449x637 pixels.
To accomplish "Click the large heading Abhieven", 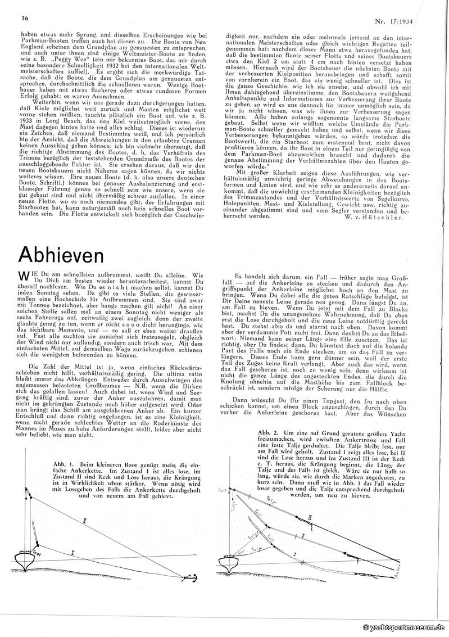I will pyautogui.click(x=62, y=254).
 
